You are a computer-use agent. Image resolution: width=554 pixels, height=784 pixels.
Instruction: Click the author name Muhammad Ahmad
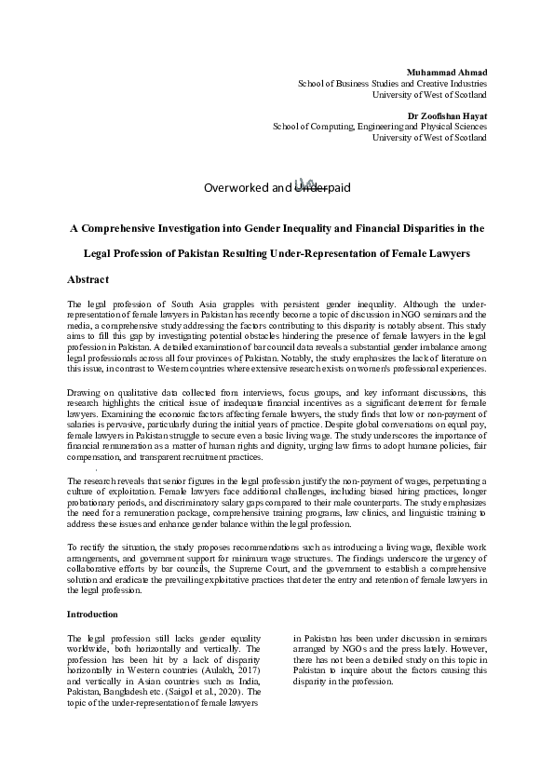tap(447, 72)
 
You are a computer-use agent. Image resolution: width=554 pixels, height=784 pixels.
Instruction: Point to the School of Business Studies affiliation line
tap(391, 84)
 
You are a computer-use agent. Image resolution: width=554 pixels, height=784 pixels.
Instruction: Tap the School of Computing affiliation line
tap(379, 127)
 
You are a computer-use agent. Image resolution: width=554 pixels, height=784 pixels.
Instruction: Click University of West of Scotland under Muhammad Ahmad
tap(428, 95)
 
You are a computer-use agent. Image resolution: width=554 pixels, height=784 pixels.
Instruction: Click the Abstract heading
tap(88, 279)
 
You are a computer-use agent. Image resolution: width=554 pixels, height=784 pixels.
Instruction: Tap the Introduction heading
tap(92, 615)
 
